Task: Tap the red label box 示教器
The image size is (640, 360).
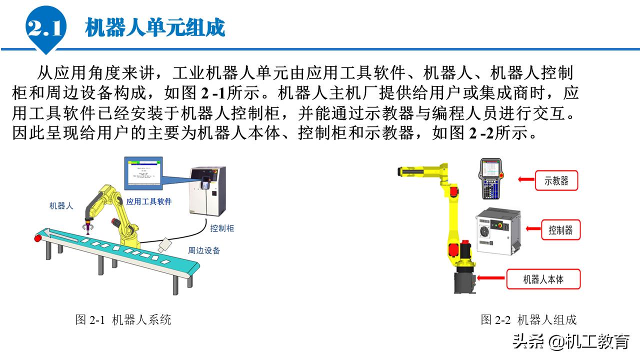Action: coord(556,180)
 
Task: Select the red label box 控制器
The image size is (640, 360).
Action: coord(560,230)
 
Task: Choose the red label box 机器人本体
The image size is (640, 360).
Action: coord(543,279)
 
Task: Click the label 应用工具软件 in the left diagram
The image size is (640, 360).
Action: coord(149,201)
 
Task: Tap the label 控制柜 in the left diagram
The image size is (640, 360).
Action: coord(222,228)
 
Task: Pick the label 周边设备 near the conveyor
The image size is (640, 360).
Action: coord(203,250)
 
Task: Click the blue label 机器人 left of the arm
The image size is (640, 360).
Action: coord(61,205)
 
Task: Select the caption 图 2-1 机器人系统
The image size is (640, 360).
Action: coord(123,320)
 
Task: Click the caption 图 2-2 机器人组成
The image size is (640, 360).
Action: coord(528,320)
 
